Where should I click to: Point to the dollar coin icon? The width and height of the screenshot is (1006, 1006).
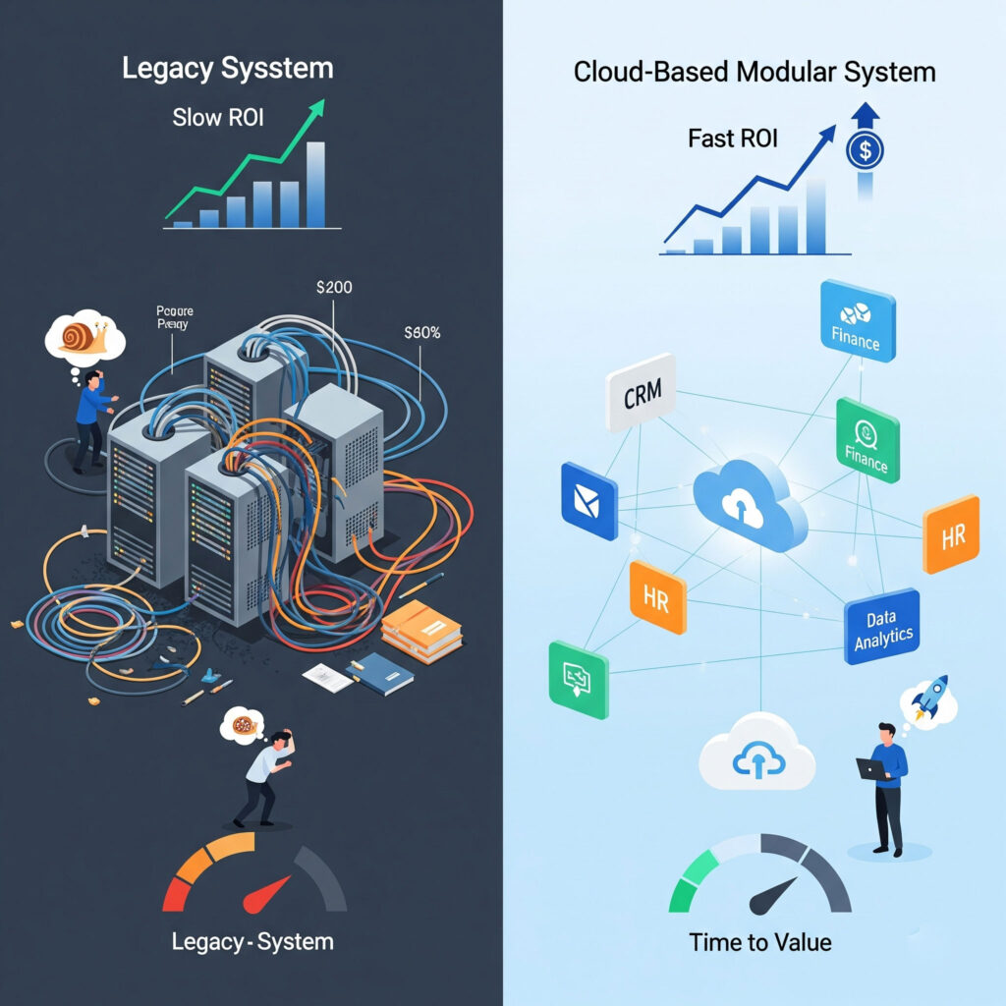pos(865,151)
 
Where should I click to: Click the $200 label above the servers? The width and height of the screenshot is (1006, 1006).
pos(334,288)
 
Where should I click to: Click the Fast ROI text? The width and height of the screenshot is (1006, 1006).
pos(732,138)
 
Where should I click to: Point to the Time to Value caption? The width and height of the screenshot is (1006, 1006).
pos(759,942)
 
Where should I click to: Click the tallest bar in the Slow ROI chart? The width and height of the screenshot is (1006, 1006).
pos(315,185)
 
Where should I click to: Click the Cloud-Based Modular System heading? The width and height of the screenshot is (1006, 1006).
pos(754,72)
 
